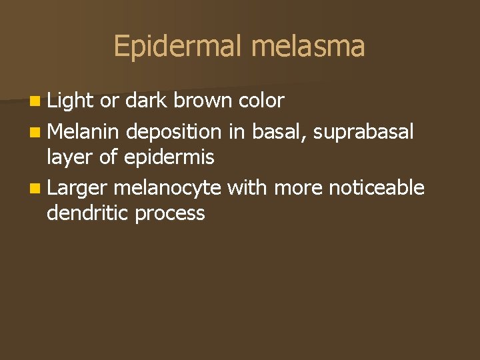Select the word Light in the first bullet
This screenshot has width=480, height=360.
click(x=71, y=101)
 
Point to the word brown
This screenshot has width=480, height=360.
click(x=203, y=101)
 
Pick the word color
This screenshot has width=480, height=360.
click(x=261, y=101)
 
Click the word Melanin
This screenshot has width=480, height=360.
click(x=84, y=132)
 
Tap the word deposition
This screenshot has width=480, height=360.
click(x=174, y=132)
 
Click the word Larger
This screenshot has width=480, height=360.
click(x=77, y=188)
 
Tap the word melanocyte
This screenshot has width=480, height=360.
click(x=167, y=188)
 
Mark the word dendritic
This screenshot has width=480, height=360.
click(x=87, y=213)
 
